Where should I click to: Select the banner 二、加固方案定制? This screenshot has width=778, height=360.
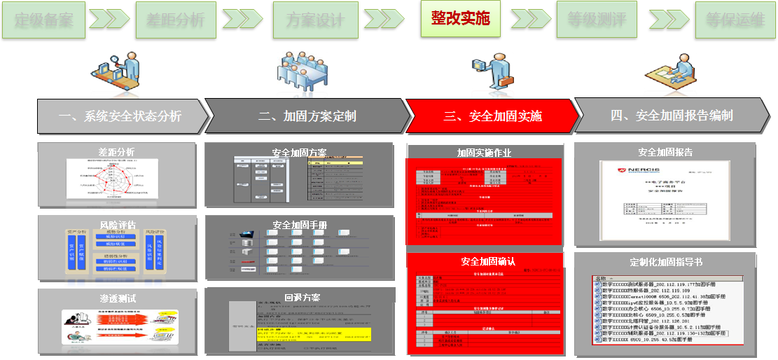click(x=308, y=116)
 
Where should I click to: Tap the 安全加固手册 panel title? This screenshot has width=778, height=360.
click(x=299, y=226)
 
